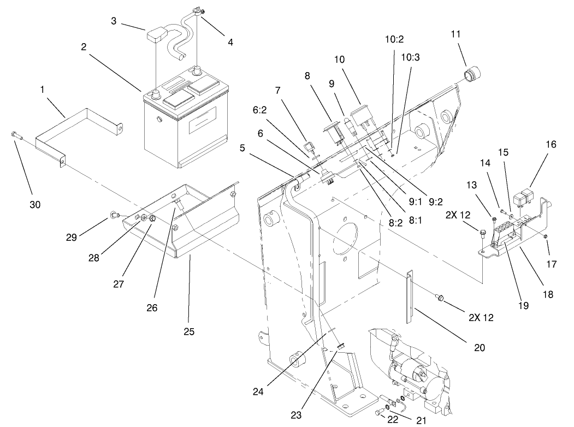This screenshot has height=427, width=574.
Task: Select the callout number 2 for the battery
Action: pyautogui.click(x=84, y=48)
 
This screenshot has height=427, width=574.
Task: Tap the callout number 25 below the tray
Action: pyautogui.click(x=188, y=331)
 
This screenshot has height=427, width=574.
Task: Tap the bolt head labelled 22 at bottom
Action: pyautogui.click(x=378, y=413)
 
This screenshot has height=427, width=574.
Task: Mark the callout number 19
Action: pyautogui.click(x=523, y=306)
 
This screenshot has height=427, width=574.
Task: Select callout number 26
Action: pyautogui.click(x=151, y=307)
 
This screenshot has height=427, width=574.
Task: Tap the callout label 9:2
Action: pyautogui.click(x=435, y=201)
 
